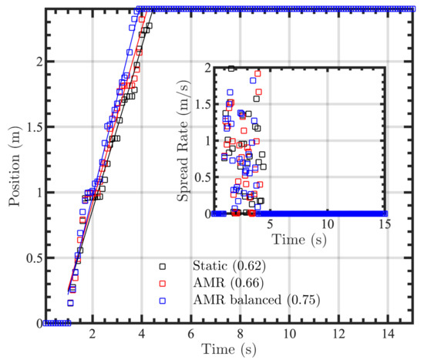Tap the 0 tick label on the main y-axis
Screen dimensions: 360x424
(33, 323)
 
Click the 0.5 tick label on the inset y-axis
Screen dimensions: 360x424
(201, 177)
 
